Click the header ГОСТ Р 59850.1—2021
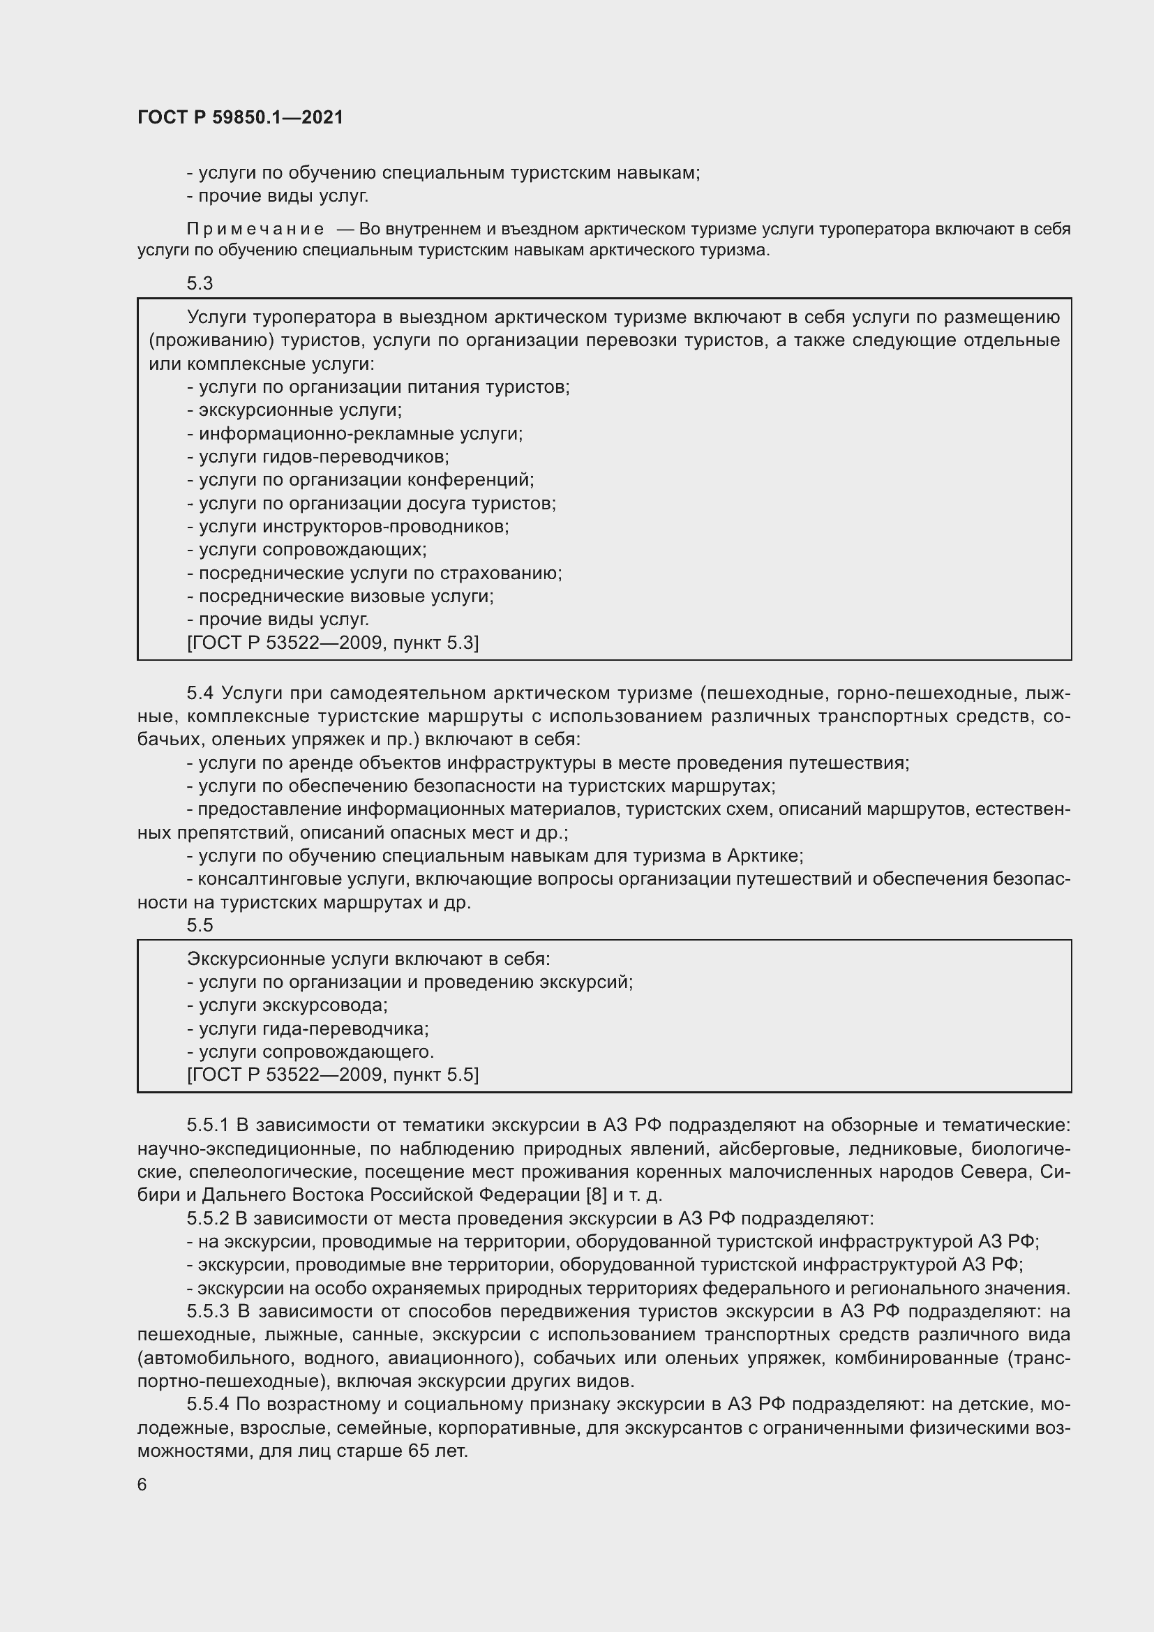(240, 117)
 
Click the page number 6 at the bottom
(142, 1485)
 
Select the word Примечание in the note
(255, 229)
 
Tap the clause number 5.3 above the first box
(200, 283)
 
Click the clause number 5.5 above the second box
(200, 925)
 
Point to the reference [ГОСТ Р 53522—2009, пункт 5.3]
(333, 643)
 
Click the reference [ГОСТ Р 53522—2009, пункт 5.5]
(333, 1075)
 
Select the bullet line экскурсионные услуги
(295, 410)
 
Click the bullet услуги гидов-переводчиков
(318, 456)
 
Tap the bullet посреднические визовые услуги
(340, 597)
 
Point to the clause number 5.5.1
(207, 1125)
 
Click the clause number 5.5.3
(207, 1312)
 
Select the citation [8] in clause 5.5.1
(596, 1195)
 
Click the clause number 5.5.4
(207, 1405)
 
